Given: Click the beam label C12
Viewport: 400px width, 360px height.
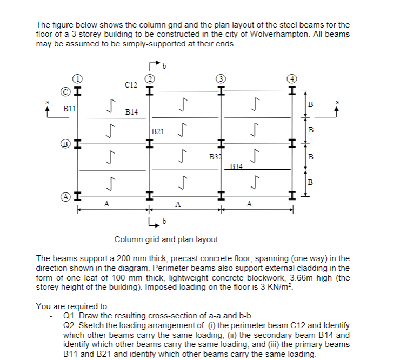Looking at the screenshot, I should (x=130, y=84).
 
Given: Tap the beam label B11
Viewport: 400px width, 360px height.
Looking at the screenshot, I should (x=70, y=109).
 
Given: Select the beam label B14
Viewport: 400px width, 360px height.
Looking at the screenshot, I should (x=131, y=112).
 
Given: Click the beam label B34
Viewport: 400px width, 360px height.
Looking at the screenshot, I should (x=236, y=166).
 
